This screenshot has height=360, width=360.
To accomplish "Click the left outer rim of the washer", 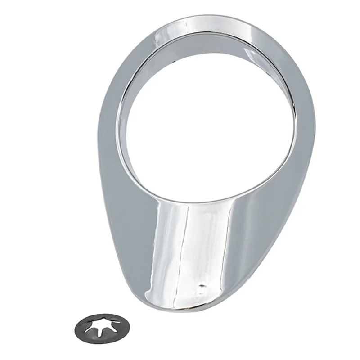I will click(x=76, y=328).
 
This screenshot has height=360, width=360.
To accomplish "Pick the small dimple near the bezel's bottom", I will click(x=201, y=285).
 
